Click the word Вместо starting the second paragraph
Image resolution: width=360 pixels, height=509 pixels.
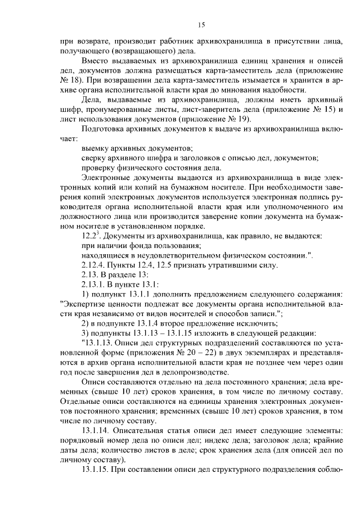pyautogui.click(x=96, y=60)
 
